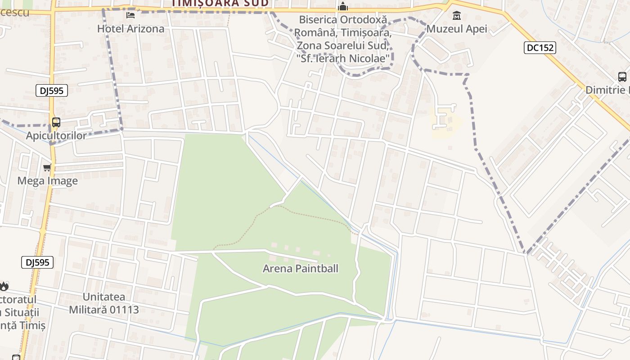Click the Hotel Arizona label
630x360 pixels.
(130, 29)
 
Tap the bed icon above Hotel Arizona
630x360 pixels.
(130, 15)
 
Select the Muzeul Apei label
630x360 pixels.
(457, 29)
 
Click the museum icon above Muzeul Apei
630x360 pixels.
(457, 16)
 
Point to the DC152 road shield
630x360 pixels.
(540, 47)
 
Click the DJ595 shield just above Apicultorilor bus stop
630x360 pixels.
(52, 90)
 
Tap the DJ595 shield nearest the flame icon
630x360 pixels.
(37, 262)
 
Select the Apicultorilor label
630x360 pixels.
(56, 135)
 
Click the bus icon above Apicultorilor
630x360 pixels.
(56, 122)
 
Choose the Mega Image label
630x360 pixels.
(47, 181)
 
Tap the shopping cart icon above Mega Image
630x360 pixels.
(47, 168)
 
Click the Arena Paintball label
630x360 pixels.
(300, 269)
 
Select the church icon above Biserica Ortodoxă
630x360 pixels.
(343, 7)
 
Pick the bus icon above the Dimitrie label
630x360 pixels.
(622, 77)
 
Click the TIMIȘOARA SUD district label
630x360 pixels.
(220, 3)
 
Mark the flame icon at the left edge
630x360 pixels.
(4, 286)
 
